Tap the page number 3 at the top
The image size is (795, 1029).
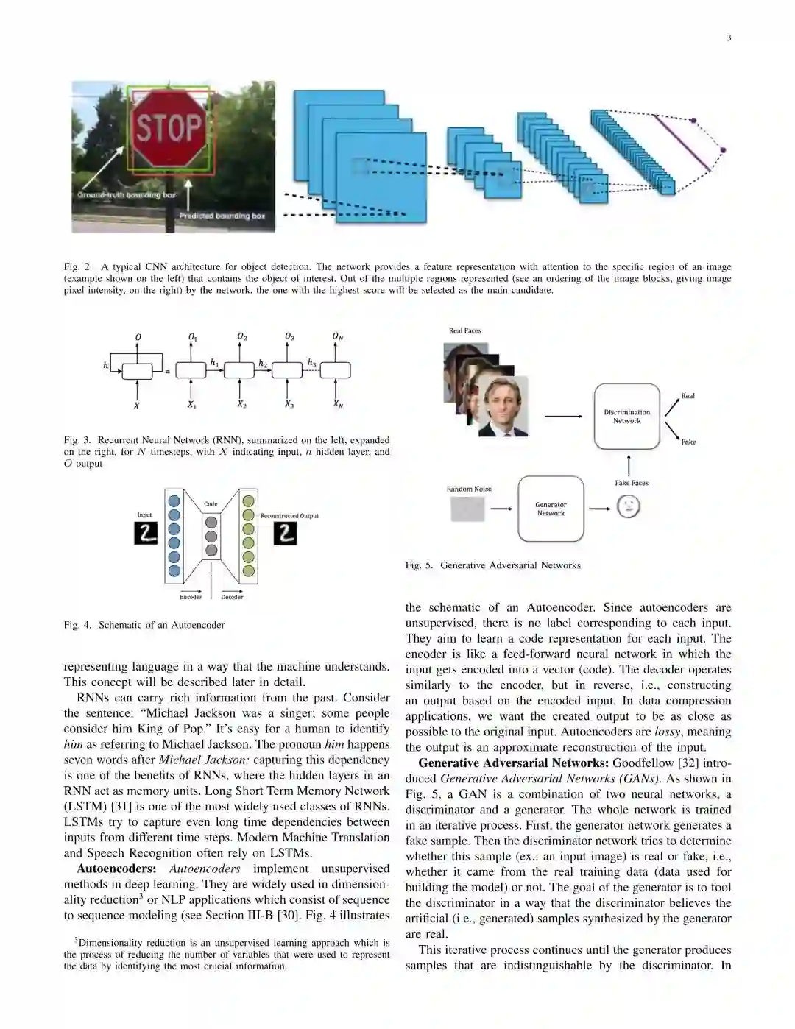coord(729,38)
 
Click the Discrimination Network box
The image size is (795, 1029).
coord(627,417)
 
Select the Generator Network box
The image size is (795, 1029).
coord(551,509)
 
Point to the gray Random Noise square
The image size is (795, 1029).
coord(467,509)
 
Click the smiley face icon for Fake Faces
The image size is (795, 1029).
coord(628,506)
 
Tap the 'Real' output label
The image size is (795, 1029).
coord(688,396)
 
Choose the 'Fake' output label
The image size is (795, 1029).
coord(688,442)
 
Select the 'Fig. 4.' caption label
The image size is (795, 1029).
coord(77,625)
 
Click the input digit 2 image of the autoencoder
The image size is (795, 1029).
coord(146,533)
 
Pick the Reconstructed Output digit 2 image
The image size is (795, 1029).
coord(285,534)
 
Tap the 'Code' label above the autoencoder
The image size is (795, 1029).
coord(211,504)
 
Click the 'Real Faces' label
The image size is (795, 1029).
coord(465,330)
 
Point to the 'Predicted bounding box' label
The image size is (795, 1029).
coord(222,216)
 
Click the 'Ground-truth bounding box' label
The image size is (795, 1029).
coord(127,195)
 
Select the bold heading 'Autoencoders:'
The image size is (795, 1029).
coord(116,869)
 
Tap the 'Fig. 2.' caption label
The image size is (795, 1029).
coord(77,266)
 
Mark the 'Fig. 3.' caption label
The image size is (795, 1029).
coord(77,440)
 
